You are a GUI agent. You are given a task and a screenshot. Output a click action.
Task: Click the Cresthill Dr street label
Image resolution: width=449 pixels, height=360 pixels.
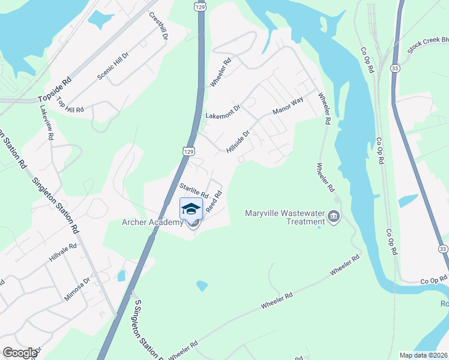(158, 25)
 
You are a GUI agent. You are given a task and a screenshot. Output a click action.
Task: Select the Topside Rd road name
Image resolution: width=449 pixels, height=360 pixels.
(55, 89)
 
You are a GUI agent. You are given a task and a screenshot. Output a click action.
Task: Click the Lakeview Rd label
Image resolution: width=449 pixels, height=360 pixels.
(47, 122)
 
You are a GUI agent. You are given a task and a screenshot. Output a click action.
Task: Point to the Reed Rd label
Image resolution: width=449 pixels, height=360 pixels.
(214, 202)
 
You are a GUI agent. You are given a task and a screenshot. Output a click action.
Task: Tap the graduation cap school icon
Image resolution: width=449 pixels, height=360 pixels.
(191, 209)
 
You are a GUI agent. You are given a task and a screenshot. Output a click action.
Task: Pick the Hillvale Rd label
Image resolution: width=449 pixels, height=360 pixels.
(63, 254)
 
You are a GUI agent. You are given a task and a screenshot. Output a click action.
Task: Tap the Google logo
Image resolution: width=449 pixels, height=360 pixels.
(20, 352)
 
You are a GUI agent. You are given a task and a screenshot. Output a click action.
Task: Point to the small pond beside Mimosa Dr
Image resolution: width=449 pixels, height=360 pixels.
(122, 275)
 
